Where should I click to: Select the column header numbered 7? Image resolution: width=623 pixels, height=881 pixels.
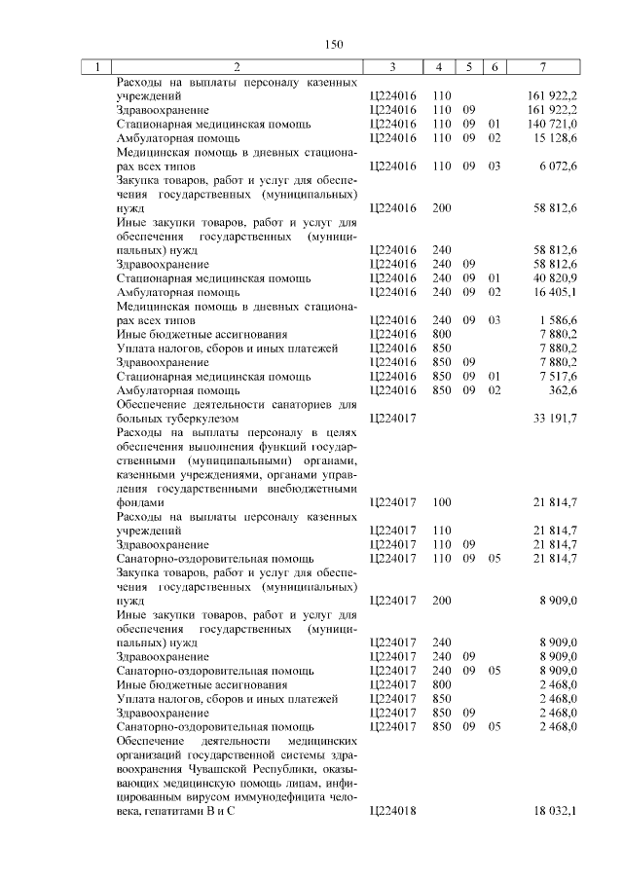pos(542,67)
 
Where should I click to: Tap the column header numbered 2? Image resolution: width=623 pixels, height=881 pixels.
pos(237,67)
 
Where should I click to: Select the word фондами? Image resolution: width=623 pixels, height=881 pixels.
pos(139,501)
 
